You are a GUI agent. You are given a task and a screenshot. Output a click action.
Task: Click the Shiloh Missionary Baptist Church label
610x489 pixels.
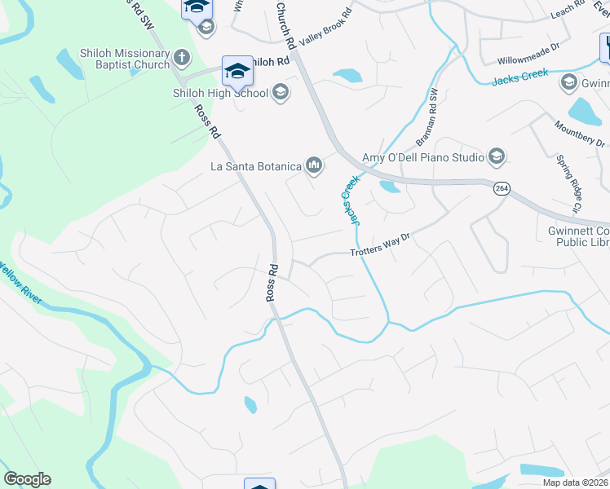tap(124, 59)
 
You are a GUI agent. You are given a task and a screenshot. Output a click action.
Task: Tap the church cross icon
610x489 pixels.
tap(182, 59)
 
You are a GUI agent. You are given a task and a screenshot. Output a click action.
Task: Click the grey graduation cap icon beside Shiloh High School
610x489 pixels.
tap(281, 92)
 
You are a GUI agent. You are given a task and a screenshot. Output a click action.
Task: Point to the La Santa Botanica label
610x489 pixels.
tap(255, 167)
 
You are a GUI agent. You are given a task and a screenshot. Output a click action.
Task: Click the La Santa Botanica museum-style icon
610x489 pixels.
tap(314, 167)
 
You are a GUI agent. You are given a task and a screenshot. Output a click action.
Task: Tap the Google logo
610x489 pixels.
tap(27, 479)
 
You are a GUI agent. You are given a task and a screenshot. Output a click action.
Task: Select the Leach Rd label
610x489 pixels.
tap(568, 7)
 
